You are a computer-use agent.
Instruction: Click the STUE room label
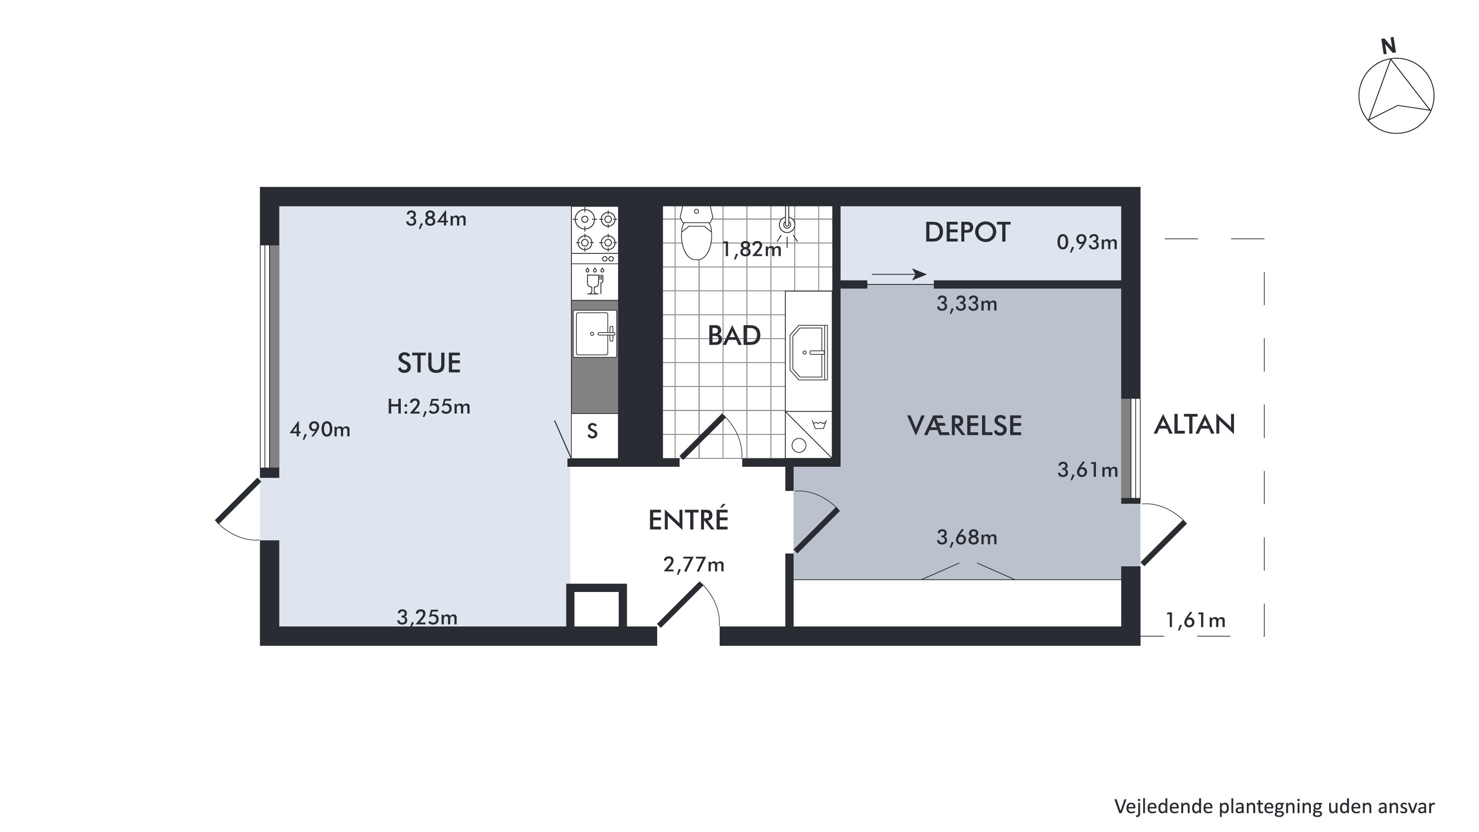coord(429,363)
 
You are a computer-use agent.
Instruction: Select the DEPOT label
coord(967,233)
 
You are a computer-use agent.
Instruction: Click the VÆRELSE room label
coord(965,425)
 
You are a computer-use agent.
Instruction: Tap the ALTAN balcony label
coord(1194,425)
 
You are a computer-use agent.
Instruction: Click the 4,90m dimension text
coord(320,429)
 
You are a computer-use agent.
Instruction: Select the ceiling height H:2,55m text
coord(429,407)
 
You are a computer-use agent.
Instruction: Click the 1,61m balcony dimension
coord(1196,620)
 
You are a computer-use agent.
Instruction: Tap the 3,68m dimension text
coord(967,537)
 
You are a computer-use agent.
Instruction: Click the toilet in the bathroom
coord(697,233)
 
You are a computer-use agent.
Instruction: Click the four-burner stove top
coord(596,231)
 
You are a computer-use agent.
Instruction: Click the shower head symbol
coord(787,224)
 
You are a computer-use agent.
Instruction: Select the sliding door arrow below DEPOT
coord(899,275)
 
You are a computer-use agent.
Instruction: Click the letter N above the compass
coord(1388,46)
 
